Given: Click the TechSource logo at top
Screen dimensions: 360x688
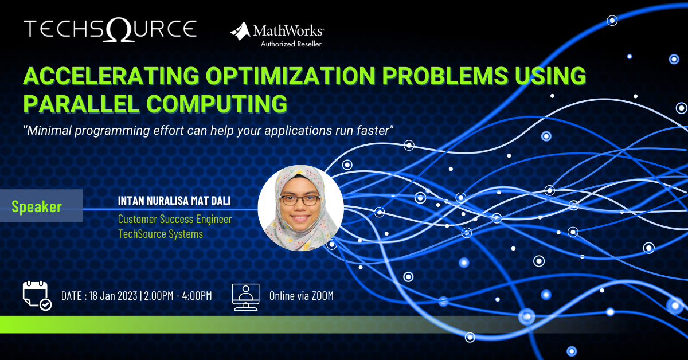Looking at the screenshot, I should click(110, 29).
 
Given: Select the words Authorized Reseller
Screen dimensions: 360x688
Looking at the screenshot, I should click(291, 44).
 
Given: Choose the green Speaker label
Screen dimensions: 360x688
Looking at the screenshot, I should click(37, 206).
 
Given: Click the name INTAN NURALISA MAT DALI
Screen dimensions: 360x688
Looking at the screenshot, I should click(178, 202).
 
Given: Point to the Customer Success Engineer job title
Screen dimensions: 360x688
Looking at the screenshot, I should click(175, 219).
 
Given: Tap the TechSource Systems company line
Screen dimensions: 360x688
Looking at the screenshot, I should click(161, 234).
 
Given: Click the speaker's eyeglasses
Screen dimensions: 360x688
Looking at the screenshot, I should click(300, 200).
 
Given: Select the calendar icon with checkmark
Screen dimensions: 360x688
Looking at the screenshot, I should click(36, 296).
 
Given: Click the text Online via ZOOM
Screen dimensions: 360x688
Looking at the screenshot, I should click(301, 296).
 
